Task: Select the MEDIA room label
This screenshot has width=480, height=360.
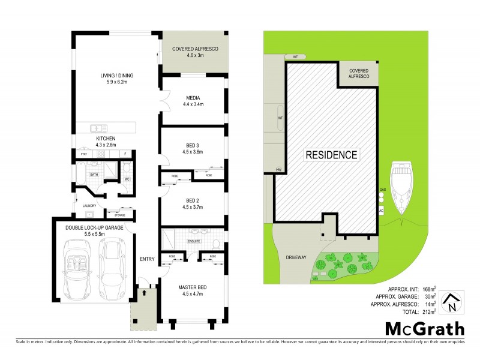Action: click(193, 98)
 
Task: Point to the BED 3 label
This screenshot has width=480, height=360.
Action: click(193, 145)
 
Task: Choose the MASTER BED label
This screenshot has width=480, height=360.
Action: click(193, 287)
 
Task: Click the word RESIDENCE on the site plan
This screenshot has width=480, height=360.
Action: click(332, 155)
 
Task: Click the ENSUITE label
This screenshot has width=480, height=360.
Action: click(193, 241)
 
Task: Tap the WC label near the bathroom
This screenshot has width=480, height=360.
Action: click(127, 179)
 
